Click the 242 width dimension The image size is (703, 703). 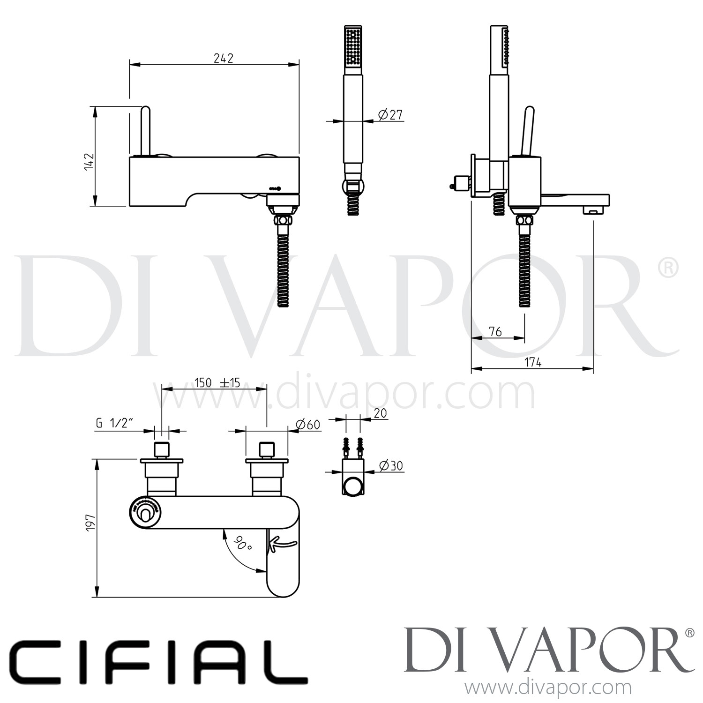click(224, 58)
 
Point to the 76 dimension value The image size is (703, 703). click(495, 331)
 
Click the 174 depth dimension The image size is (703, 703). click(533, 362)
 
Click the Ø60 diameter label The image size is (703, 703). click(308, 424)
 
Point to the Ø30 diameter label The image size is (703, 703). click(390, 465)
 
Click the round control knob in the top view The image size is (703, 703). click(144, 515)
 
